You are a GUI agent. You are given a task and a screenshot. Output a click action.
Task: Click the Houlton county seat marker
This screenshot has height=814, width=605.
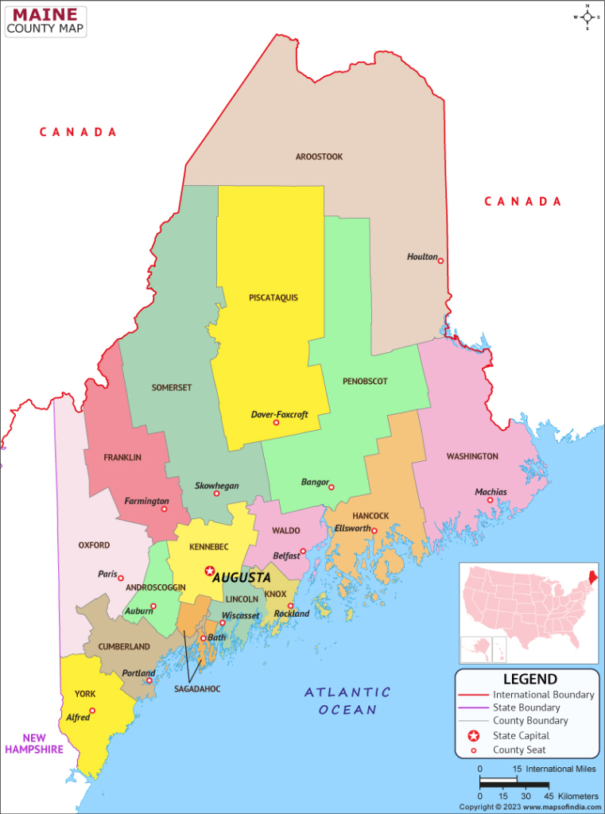click(440, 261)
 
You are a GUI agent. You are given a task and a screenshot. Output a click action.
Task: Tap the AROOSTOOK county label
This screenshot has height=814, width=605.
click(319, 157)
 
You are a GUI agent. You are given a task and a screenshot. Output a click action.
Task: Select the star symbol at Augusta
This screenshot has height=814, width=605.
click(210, 571)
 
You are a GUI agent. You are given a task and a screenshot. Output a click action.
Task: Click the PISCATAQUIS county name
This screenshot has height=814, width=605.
click(273, 297)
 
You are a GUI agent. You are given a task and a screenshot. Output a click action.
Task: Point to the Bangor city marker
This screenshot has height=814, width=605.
click(332, 487)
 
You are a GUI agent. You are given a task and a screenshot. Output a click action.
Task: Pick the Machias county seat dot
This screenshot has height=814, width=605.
click(490, 500)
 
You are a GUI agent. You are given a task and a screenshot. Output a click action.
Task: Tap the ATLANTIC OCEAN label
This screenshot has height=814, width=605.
click(347, 700)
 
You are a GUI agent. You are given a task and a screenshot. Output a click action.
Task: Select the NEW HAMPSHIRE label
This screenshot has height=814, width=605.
click(33, 742)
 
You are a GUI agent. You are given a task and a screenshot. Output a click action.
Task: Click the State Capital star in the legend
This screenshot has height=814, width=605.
click(474, 735)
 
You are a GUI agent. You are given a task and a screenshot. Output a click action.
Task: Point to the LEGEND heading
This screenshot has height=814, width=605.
click(529, 679)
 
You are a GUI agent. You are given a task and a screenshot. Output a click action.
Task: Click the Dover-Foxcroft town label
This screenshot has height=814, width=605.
click(279, 414)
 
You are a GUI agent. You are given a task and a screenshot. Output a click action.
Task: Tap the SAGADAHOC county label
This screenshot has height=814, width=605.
click(197, 688)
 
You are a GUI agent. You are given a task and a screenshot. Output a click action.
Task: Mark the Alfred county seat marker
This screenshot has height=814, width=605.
click(92, 711)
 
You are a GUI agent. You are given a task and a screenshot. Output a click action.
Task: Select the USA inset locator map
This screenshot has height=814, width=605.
click(529, 612)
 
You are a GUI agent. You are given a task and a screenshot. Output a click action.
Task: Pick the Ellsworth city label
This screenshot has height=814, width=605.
click(353, 529)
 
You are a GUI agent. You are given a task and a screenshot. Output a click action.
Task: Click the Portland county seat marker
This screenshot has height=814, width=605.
click(149, 680)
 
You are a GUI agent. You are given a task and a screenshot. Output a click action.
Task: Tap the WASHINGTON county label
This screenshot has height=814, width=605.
click(472, 456)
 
